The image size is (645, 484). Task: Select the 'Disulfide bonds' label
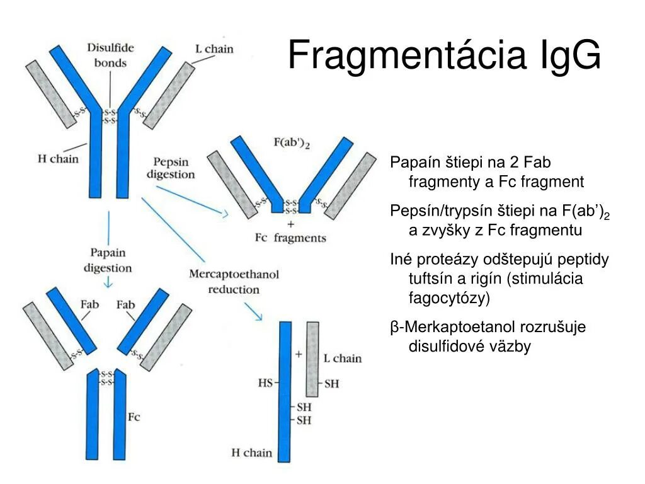tap(110, 55)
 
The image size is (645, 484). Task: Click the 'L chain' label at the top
tap(214, 49)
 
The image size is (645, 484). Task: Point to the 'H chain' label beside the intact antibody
tap(58, 159)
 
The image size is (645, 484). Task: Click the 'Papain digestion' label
tap(108, 260)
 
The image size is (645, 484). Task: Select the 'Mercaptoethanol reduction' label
tap(234, 282)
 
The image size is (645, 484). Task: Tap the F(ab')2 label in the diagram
tap(292, 144)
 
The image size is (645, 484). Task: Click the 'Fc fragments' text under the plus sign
tap(290, 238)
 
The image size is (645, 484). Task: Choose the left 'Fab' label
tap(90, 305)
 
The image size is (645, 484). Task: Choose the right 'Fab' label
tap(125, 305)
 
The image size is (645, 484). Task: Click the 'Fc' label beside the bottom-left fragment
tap(134, 417)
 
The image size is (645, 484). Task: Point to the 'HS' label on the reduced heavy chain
tap(265, 383)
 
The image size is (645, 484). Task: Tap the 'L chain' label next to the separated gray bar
tap(342, 359)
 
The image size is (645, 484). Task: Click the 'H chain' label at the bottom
tap(251, 452)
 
